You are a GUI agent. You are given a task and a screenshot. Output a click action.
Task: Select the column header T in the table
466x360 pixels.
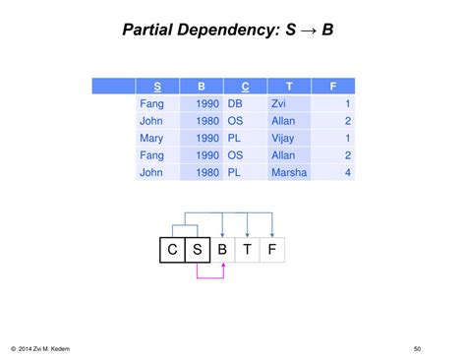pos(289,86)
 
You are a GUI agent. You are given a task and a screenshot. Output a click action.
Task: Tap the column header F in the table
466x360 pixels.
pos(333,86)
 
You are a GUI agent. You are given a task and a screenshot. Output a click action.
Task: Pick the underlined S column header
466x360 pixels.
pos(158,86)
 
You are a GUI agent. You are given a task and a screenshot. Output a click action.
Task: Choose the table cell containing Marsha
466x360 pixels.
pos(289,173)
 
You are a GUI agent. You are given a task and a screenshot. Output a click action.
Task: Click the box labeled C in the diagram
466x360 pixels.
pos(172,250)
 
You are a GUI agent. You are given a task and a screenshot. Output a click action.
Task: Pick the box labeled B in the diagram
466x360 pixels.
pos(222,250)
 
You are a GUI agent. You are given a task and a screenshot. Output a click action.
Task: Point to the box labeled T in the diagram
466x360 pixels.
pos(247,250)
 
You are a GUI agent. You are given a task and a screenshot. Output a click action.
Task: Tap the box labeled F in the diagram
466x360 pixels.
pos(271,250)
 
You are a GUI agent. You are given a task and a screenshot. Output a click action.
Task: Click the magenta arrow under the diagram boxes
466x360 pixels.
pos(210,277)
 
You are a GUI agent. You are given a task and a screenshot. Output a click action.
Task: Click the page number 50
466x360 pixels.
pos(417,347)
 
